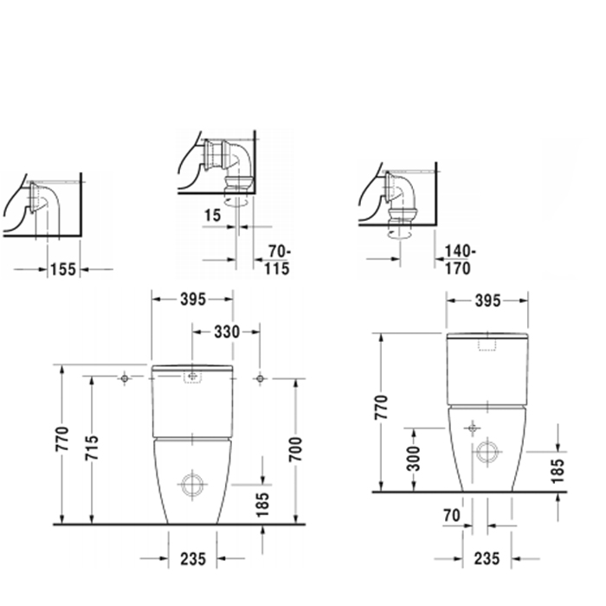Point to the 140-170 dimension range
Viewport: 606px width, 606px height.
tap(456, 260)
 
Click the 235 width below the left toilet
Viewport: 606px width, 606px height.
tap(192, 560)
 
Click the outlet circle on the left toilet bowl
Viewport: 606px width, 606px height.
tap(192, 486)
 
